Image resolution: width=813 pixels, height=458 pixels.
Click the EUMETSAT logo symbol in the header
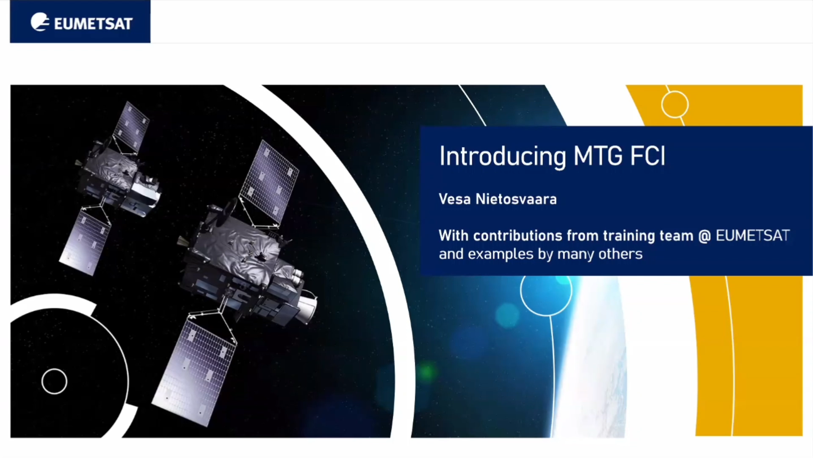click(40, 22)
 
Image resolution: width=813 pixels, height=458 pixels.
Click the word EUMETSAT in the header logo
click(94, 24)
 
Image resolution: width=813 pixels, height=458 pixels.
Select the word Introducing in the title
click(503, 156)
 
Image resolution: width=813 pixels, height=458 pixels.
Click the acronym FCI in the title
click(648, 156)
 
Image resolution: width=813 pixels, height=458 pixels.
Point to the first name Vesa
click(455, 199)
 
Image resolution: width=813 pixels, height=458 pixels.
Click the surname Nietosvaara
click(516, 199)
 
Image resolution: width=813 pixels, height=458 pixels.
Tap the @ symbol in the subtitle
click(704, 236)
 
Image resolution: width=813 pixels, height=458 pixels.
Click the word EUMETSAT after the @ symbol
click(752, 235)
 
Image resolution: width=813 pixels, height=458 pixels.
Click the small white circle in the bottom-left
click(54, 369)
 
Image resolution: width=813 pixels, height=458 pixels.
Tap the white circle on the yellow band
click(675, 92)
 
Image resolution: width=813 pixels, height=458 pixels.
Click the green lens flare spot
click(427, 372)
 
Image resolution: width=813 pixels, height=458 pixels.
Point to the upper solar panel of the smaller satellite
click(132, 126)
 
